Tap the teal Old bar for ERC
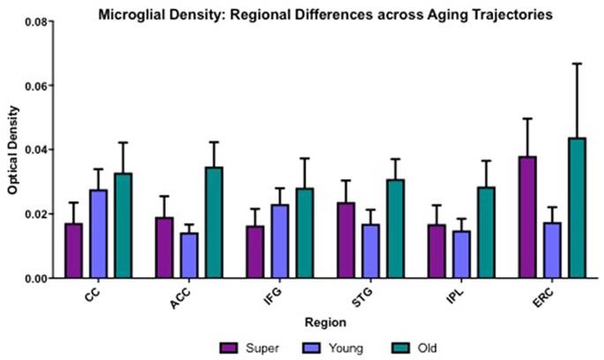577,208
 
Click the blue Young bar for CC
98,234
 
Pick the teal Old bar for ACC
213,222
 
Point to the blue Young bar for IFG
280,241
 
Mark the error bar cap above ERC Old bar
577,64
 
